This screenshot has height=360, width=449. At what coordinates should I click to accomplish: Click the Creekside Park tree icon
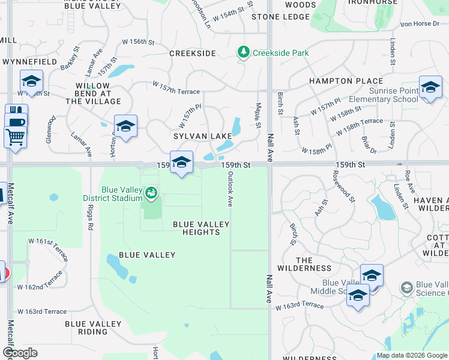point(243,53)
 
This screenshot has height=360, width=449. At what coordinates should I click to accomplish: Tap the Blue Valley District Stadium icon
point(151,193)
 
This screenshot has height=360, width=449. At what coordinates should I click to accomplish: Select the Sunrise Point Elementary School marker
point(430,88)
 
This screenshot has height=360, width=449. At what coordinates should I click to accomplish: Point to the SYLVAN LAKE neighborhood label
point(203,136)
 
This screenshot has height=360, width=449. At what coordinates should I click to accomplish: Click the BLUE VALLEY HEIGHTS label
point(201,228)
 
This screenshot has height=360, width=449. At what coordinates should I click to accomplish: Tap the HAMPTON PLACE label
point(346,81)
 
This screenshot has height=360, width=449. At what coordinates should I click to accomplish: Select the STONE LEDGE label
point(280,17)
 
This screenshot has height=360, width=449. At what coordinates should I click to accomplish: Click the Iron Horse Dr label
point(420,24)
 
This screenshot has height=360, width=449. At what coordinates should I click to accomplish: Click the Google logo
point(20,353)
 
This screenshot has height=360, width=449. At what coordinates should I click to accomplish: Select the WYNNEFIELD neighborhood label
point(30,62)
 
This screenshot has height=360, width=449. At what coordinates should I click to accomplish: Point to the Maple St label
point(258,115)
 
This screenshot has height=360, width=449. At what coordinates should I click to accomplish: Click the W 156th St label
point(134,42)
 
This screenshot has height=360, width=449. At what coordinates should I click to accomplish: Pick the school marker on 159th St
point(181,162)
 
